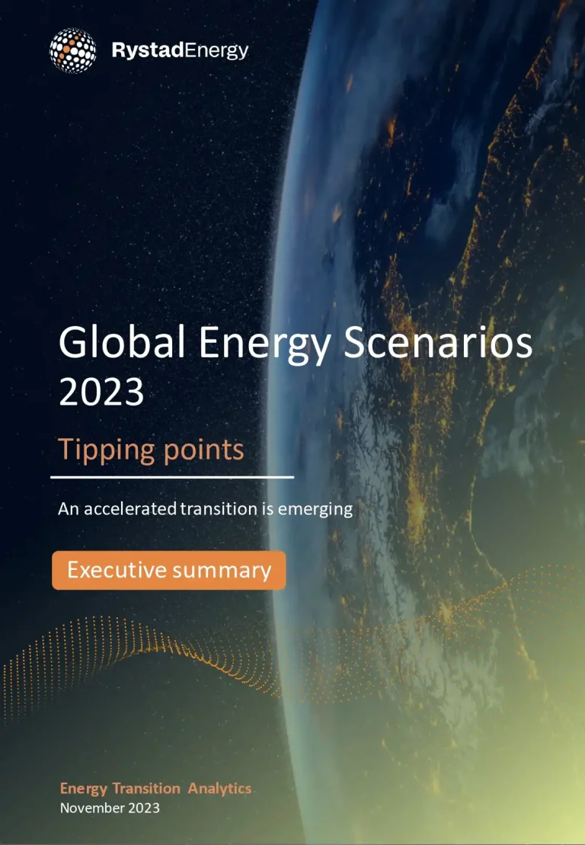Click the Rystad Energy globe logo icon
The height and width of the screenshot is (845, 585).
point(73,50)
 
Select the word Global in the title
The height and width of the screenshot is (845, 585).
point(123,344)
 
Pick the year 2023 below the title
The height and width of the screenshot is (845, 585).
point(101,393)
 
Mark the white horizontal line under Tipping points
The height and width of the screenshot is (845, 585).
point(172,477)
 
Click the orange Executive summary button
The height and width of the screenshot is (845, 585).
point(168,570)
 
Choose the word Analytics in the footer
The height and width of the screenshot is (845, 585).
point(219,789)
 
